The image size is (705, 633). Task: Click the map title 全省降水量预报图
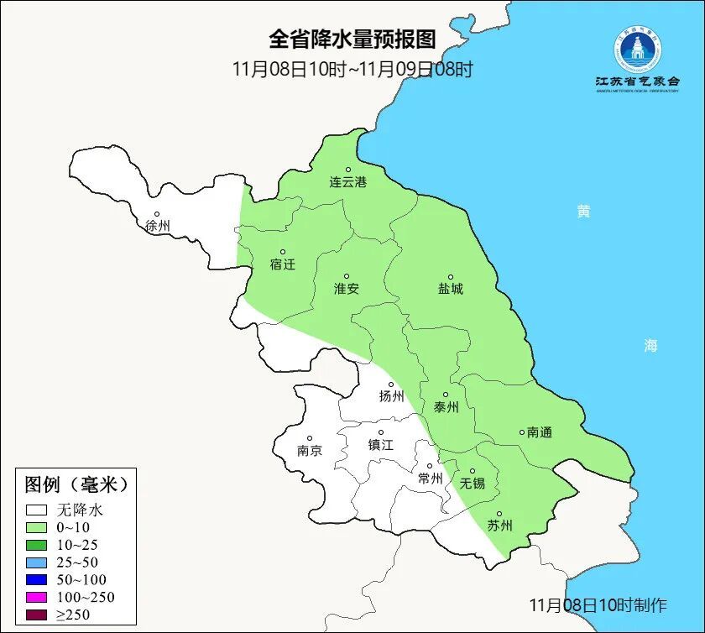tap(352, 39)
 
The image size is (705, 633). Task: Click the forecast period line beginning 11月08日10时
tap(352, 69)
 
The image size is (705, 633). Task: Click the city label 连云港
tap(347, 182)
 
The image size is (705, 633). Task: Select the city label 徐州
tap(157, 226)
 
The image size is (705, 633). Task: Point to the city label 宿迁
tap(283, 264)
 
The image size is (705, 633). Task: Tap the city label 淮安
tap(347, 288)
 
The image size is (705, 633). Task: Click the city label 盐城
tap(450, 289)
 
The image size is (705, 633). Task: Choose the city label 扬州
tap(391, 396)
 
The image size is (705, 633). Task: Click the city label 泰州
tap(446, 407)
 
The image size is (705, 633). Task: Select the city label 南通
tap(540, 432)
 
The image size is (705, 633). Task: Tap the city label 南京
tap(310, 450)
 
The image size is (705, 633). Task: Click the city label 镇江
tap(381, 445)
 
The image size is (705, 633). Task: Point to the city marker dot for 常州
tap(430, 466)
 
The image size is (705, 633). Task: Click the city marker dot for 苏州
tap(499, 514)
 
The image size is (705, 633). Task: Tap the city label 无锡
tap(473, 484)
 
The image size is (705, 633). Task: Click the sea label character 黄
tap(583, 211)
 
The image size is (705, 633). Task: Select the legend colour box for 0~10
tap(36, 527)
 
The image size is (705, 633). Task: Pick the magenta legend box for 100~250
tap(36, 597)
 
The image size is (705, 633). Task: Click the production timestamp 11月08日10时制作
tap(598, 604)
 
